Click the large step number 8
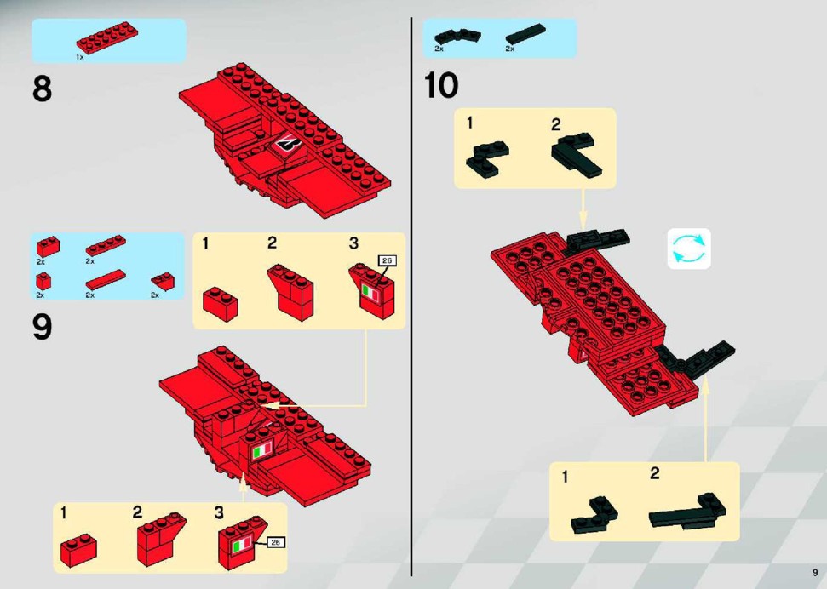pos(43,89)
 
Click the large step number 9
pos(43,326)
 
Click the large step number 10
pos(441,85)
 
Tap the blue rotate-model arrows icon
pos(689,249)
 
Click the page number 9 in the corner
pos(815,573)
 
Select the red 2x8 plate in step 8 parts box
pos(107,37)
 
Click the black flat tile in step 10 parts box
pos(525,34)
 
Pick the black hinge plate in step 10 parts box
pos(457,37)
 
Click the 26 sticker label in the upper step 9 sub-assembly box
pos(388,260)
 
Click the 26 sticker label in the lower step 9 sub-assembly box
pos(276,542)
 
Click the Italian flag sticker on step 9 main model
pos(262,449)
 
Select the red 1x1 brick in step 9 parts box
pos(43,281)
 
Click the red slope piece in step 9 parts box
pos(163,281)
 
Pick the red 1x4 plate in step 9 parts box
pos(106,245)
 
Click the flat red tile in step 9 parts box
pos(106,279)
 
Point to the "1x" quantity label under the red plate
pos(80,57)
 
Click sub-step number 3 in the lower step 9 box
pos(219,512)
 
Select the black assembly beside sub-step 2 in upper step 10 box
pos(577,155)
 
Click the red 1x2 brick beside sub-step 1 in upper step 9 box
pos(221,304)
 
